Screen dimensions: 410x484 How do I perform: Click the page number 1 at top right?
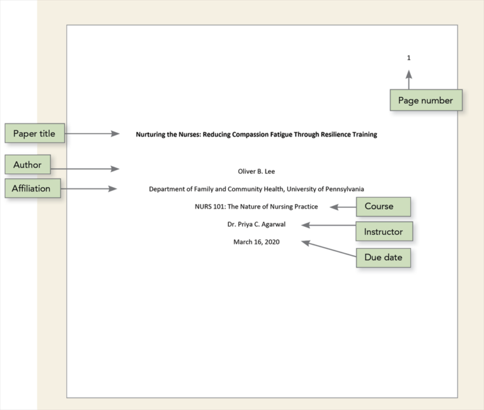(408, 58)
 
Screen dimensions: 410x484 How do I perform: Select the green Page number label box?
(425, 101)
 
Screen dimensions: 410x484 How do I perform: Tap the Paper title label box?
(34, 134)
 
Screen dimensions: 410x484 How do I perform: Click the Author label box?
(28, 165)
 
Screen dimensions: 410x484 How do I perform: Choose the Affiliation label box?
(32, 188)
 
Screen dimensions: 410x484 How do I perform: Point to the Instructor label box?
(383, 232)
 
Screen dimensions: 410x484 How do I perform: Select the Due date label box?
(383, 258)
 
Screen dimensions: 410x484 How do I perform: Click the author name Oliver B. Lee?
(256, 171)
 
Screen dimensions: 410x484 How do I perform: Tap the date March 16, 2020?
(256, 242)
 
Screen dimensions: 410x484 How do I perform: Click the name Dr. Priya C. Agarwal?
(256, 224)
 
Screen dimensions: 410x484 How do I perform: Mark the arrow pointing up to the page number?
(408, 79)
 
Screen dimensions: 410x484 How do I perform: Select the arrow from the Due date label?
(328, 249)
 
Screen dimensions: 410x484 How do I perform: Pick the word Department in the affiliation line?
(166, 189)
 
